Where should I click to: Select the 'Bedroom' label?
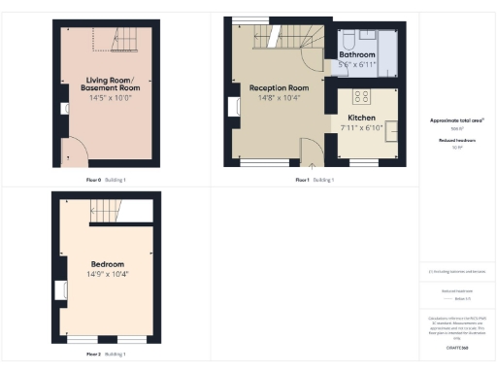click(107, 263)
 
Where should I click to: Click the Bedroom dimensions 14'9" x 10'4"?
click(107, 275)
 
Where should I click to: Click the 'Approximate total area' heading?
click(457, 120)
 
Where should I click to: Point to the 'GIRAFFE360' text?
click(457, 347)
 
